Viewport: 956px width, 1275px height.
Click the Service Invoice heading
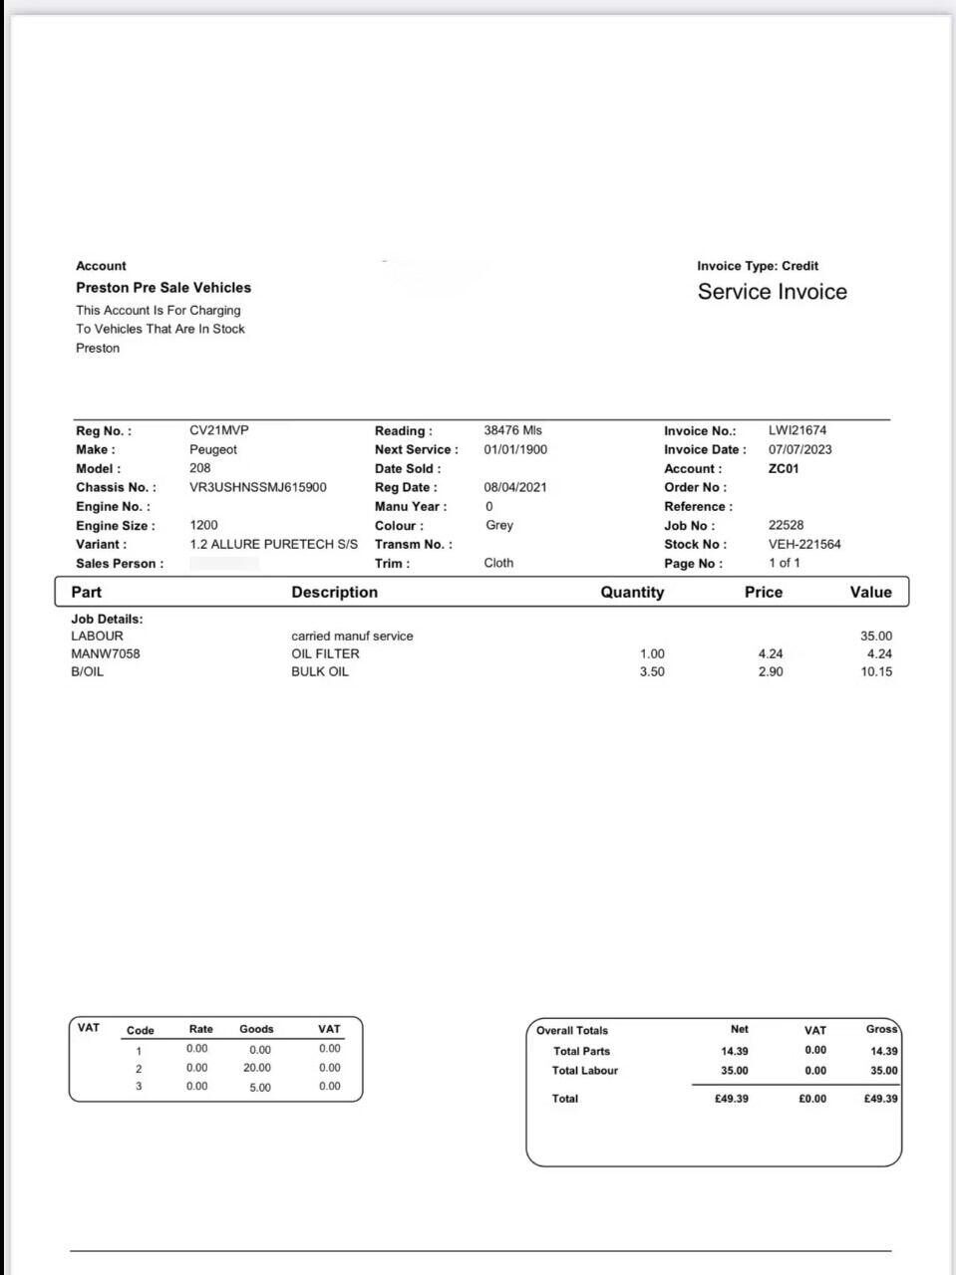pos(772,292)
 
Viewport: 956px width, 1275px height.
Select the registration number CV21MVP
pos(219,430)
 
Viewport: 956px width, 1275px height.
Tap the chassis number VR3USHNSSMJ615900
pos(257,487)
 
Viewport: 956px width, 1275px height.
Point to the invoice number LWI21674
pos(797,430)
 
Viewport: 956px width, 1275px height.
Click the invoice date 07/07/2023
pos(799,449)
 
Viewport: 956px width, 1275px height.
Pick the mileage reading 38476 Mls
pos(512,430)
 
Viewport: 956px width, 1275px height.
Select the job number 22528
pos(786,525)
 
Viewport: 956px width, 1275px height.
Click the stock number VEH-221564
pos(804,544)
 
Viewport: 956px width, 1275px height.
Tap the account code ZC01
pos(784,468)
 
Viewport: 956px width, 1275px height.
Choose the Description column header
pos(334,592)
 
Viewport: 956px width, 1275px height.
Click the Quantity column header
pos(632,592)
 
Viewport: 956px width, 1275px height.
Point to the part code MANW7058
pos(106,653)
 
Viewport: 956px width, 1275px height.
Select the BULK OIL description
pos(320,671)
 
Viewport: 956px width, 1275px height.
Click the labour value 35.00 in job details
pos(876,636)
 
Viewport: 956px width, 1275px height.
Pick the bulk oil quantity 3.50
pos(652,671)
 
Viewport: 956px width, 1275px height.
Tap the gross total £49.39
pos(880,1099)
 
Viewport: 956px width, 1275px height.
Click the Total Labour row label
pos(585,1071)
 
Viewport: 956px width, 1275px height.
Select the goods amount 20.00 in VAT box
pos(257,1068)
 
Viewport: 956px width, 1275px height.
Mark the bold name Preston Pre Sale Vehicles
pos(163,287)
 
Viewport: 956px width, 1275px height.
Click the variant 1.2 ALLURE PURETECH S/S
pos(273,544)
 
